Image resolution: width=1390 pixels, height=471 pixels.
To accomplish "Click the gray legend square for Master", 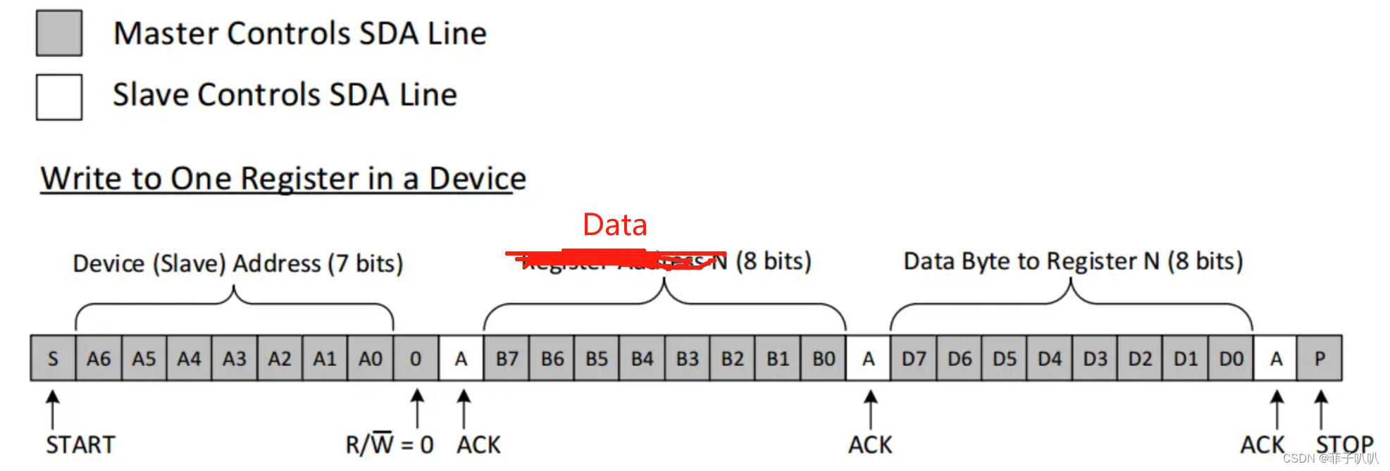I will point(59,33).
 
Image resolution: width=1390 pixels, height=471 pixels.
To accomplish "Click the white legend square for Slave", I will point(59,97).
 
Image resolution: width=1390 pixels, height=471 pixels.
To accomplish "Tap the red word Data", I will point(614,225).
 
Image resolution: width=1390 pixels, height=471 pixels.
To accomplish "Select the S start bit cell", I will point(53,359).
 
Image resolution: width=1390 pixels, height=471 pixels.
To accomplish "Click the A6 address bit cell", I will point(99,359).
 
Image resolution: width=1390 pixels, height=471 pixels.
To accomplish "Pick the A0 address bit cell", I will point(370,359).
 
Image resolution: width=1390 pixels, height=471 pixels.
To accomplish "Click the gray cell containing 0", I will point(416,359).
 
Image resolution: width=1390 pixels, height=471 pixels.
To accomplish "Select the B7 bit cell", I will point(507,359).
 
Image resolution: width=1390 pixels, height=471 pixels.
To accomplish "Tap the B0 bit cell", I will point(823,359).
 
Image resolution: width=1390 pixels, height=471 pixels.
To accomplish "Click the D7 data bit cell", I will point(914,359).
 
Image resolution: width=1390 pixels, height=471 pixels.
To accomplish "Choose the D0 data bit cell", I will point(1231,359).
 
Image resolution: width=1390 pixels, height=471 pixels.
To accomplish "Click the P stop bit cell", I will point(1320,359).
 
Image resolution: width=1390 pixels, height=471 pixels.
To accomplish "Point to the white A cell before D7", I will point(868,359).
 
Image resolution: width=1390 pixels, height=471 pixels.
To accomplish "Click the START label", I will point(80,445).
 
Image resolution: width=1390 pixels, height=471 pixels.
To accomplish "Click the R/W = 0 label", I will point(389,445).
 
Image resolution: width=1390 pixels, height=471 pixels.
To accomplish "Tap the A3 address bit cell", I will point(235,359).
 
